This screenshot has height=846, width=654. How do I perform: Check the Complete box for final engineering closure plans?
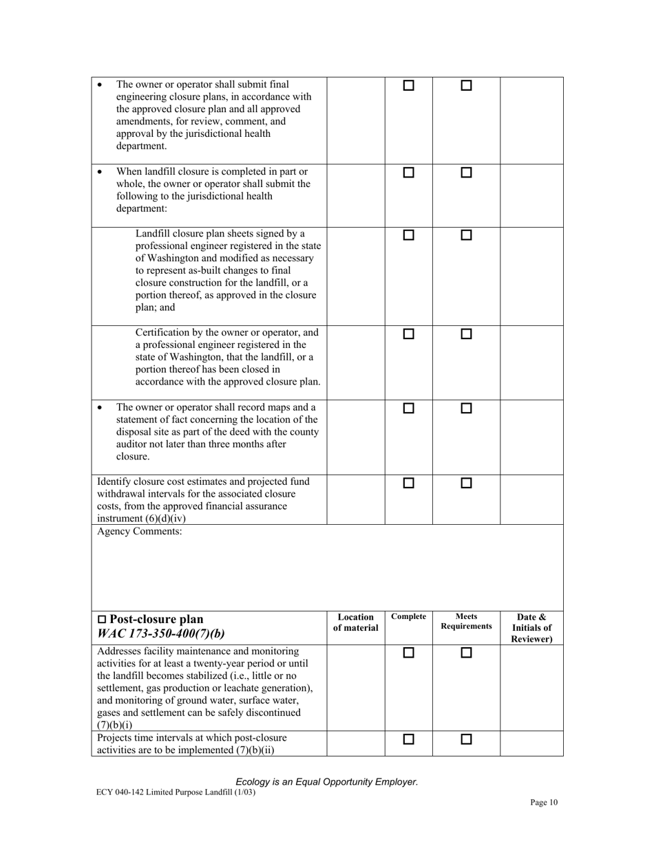(408, 86)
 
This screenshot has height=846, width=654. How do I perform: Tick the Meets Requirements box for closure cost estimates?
(466, 484)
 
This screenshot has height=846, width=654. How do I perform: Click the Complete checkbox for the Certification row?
(408, 334)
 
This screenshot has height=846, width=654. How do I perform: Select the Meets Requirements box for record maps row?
(466, 409)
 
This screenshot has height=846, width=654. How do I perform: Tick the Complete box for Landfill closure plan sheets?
(408, 235)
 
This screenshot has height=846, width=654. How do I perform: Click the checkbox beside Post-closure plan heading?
(103, 620)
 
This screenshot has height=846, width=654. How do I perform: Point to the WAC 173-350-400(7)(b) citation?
(161, 633)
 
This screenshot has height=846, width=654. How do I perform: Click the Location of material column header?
(355, 622)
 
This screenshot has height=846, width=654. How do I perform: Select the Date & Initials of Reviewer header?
(531, 628)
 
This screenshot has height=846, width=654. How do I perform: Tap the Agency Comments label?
(140, 532)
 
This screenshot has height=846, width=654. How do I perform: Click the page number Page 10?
(544, 802)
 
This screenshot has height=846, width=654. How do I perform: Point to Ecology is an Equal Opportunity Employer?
(326, 782)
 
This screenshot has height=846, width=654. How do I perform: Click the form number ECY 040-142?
(123, 792)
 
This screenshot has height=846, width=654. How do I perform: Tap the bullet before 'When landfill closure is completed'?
(101, 172)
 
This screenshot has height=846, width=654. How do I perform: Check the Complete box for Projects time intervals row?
(408, 740)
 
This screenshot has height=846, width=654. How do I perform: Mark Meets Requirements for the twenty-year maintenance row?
(466, 653)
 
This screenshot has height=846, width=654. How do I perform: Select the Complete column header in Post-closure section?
(408, 617)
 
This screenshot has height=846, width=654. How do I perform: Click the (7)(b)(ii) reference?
(255, 750)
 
